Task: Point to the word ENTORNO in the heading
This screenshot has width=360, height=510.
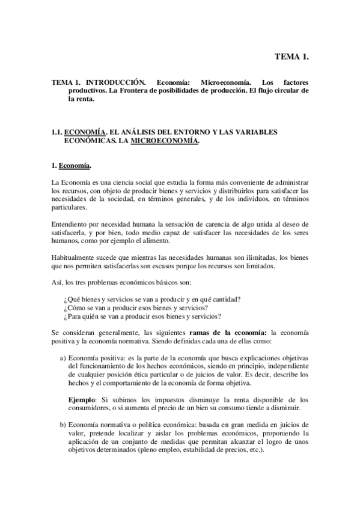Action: [182, 132]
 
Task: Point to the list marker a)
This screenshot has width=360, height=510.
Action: [63, 358]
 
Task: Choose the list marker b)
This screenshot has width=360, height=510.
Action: [63, 425]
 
